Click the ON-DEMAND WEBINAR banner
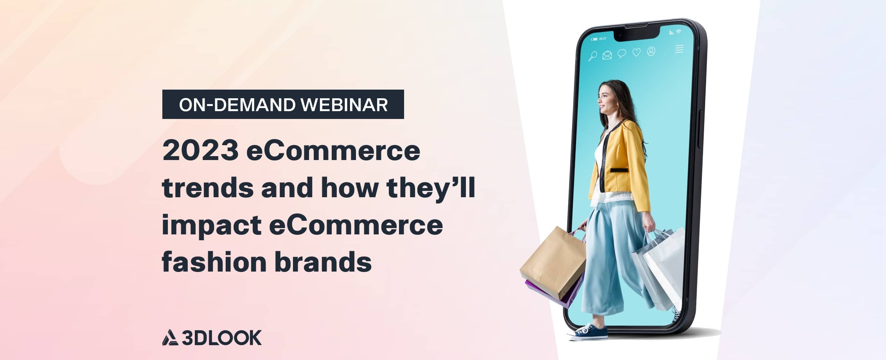[x=283, y=104]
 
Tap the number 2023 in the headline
[x=200, y=151]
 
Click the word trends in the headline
[x=208, y=188]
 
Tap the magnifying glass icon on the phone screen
[x=593, y=56]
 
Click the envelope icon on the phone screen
[x=607, y=55]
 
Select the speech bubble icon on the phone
[x=622, y=54]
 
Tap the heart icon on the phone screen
[x=636, y=52]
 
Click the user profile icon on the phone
[x=651, y=51]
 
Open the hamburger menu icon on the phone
[x=679, y=49]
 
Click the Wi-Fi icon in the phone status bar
[x=679, y=31]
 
